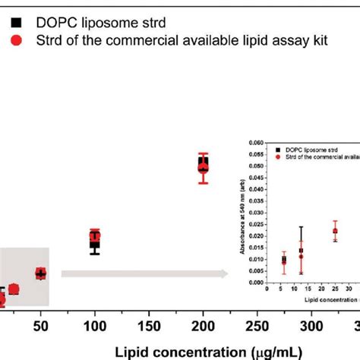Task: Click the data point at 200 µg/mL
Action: coord(203,166)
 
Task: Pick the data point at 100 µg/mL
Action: coord(94,241)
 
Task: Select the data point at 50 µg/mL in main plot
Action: coord(40,273)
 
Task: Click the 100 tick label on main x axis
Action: coord(94,326)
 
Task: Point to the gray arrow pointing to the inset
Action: coord(144,273)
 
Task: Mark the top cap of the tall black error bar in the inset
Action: coord(302,226)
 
